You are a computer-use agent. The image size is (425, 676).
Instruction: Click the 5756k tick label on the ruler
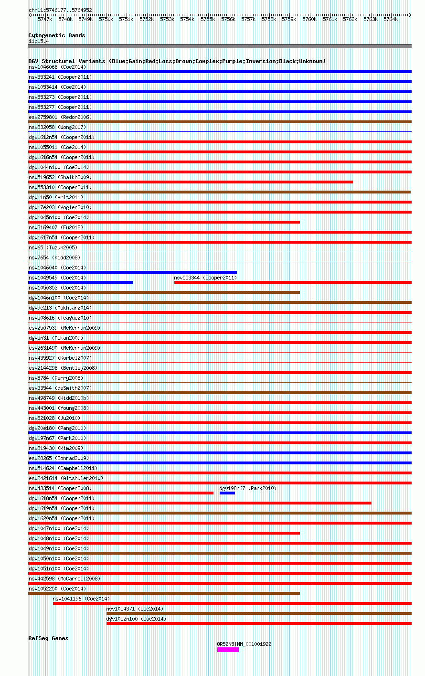point(228,19)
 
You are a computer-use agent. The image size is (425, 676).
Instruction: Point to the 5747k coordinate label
point(45,19)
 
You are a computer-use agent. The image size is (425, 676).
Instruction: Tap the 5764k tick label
point(390,19)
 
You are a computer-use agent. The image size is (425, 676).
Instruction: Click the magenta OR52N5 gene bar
point(228,650)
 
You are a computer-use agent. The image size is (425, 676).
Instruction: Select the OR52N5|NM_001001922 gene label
point(244,644)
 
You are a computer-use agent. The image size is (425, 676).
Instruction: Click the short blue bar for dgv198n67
point(227,493)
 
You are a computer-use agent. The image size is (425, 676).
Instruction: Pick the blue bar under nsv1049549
point(80,282)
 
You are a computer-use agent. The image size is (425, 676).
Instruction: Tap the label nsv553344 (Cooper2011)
point(205,278)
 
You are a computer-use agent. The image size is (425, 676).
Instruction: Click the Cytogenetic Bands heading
point(56,35)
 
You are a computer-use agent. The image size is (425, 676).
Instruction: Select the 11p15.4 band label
point(38,41)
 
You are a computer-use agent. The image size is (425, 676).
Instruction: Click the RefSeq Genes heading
point(48,638)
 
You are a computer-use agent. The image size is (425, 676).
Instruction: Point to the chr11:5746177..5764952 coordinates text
point(60,10)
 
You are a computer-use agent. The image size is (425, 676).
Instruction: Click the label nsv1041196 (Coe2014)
point(81,599)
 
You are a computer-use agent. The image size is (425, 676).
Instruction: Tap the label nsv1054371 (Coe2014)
point(135,609)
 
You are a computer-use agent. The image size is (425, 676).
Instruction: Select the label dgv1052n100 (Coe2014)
point(136,619)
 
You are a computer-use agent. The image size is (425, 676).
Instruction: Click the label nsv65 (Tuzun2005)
point(53,247)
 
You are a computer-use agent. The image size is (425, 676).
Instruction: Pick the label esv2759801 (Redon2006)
point(60,117)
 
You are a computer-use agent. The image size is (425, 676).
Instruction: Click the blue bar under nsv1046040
point(132,272)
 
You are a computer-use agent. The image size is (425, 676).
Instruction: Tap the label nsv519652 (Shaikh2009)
point(60,177)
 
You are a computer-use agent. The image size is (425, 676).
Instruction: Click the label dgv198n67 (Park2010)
point(248,488)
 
